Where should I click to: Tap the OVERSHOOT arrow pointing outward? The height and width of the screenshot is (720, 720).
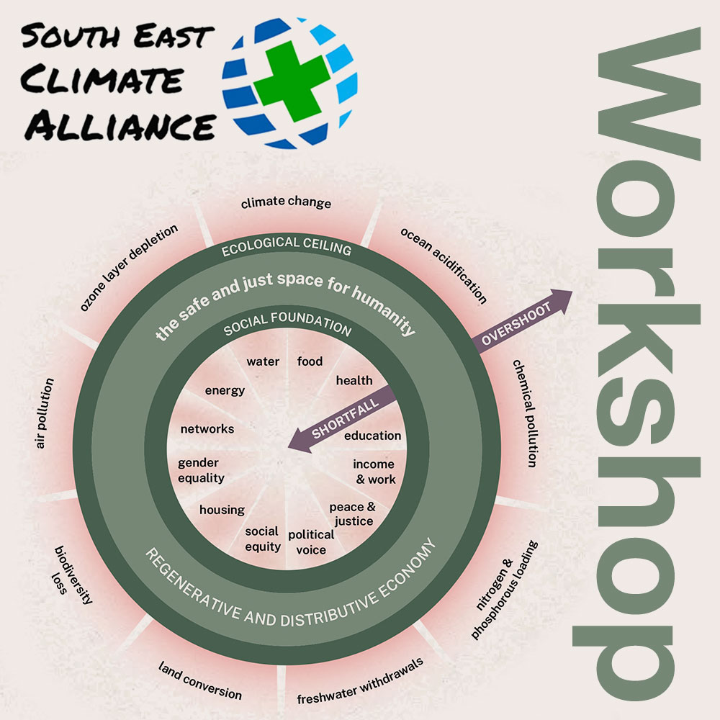(x=518, y=321)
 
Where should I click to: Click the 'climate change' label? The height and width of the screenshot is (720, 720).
(x=286, y=202)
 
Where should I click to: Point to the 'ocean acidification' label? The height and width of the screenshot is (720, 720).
(x=444, y=266)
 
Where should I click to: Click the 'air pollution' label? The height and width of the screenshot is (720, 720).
(x=44, y=413)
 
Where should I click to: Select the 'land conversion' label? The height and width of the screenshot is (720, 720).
(x=200, y=680)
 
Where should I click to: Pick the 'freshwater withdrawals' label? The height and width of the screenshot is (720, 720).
(x=359, y=681)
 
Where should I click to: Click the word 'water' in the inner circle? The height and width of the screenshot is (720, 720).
(x=263, y=361)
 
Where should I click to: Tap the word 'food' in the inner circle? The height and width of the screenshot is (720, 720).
(x=310, y=361)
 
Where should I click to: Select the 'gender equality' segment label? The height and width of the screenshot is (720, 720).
(x=201, y=470)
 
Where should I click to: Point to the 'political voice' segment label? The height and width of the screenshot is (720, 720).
(x=311, y=542)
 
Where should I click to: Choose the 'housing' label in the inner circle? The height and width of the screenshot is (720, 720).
(x=222, y=510)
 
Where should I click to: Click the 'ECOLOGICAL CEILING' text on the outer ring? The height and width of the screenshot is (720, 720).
(x=286, y=247)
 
